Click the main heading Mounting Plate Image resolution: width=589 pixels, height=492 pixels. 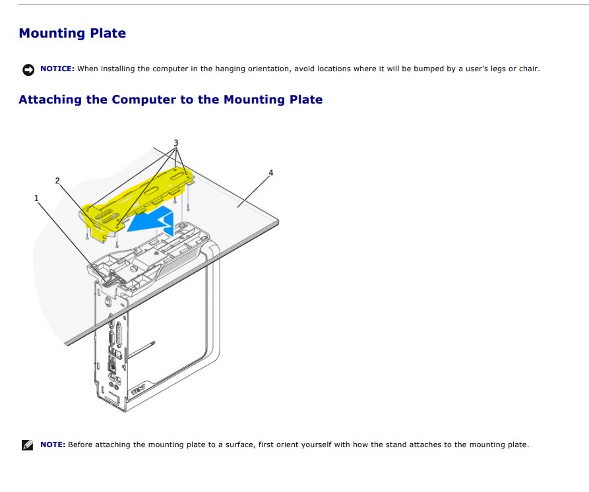point(72,33)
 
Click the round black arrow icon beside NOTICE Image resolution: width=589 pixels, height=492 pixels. point(28,69)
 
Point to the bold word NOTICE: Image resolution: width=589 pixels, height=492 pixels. point(57,69)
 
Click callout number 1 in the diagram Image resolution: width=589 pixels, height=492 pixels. point(36,198)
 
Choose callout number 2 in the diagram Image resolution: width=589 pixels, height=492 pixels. point(57,180)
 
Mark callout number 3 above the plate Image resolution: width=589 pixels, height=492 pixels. point(175,142)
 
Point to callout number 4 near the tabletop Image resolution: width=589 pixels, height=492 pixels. point(270,173)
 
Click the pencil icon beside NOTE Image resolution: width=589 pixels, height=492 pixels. point(28,445)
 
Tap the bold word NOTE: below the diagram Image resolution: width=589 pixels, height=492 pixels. point(53,445)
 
